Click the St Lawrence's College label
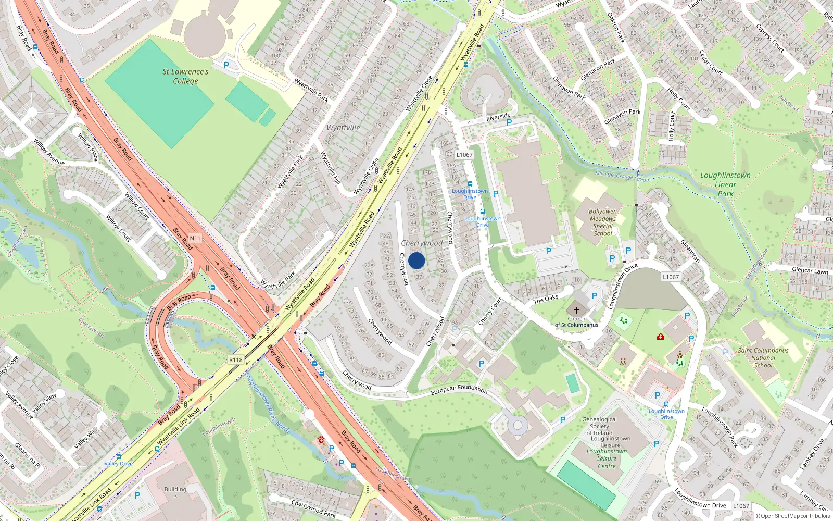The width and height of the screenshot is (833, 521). point(185,76)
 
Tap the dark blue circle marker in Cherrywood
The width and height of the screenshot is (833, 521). point(416,260)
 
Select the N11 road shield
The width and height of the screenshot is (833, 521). point(195,238)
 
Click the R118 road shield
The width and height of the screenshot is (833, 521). point(236,359)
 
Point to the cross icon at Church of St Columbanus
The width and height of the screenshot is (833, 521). point(576,310)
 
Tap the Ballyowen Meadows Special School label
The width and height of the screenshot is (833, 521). point(603,222)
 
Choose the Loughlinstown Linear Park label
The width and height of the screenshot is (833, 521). point(725,184)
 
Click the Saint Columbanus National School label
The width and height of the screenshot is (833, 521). point(763,358)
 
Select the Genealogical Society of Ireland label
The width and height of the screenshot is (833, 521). point(599,426)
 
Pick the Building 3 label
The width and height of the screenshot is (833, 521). point(175,492)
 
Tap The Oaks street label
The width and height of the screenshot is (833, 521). point(546,299)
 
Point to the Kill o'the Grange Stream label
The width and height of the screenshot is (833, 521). point(623,177)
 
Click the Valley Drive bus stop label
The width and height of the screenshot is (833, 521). point(119,463)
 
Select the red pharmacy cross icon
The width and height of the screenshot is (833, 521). point(661,337)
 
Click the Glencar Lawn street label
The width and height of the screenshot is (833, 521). point(810,270)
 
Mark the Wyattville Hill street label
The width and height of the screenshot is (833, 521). point(330,167)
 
